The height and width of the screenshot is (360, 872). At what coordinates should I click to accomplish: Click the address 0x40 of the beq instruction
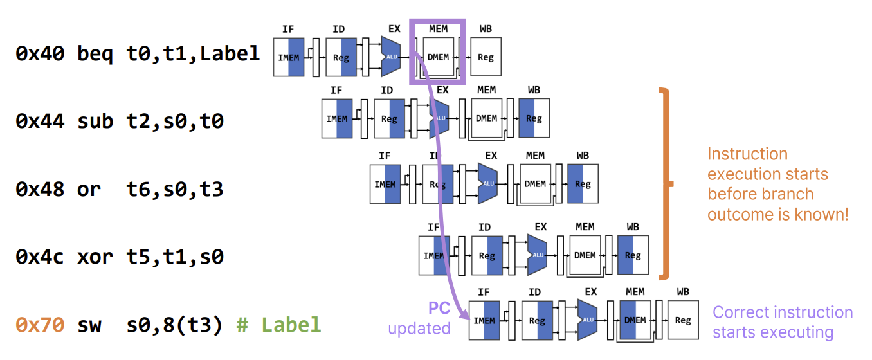coord(40,54)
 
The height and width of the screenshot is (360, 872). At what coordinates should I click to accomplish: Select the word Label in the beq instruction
coord(230,54)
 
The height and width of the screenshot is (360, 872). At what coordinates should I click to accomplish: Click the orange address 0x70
coord(40,325)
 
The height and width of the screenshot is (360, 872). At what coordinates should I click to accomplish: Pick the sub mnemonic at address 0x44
coord(95,121)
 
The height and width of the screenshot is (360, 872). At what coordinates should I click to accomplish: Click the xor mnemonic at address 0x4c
coord(95,256)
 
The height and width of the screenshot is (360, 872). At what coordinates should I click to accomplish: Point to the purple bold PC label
coord(439,309)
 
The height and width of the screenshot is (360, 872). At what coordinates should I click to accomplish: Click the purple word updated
coord(419,328)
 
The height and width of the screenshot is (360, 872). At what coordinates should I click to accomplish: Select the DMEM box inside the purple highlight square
coord(438,57)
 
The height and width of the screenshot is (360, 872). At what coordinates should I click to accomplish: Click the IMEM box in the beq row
coord(289,57)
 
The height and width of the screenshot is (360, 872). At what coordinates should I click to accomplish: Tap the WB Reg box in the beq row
coord(486,57)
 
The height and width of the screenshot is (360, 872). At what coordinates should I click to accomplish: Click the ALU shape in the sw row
coord(587,320)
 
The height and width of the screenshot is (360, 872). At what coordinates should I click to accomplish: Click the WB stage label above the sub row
coord(534,90)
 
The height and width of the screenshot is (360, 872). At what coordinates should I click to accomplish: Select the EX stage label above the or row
coord(491,156)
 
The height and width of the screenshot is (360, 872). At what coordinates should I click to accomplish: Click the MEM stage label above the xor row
coord(585,227)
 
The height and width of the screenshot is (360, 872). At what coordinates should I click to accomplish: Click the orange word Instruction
coord(747,154)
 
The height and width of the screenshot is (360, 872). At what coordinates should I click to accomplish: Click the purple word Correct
coord(741,312)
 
